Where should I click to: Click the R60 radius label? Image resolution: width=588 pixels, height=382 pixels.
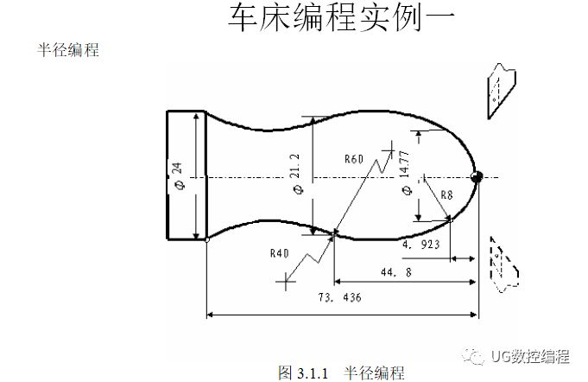click(354, 159)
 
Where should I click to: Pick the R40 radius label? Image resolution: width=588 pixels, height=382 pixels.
click(278, 254)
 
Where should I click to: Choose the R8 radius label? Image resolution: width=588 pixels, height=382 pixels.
click(446, 195)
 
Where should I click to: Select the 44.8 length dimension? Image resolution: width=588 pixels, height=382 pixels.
click(394, 272)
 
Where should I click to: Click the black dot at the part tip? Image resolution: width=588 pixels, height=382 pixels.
click(476, 177)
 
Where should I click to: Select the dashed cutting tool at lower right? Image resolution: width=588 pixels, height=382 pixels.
click(501, 260)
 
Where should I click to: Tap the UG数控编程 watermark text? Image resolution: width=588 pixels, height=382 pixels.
click(528, 355)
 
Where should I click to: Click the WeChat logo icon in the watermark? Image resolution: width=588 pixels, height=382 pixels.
click(474, 354)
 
